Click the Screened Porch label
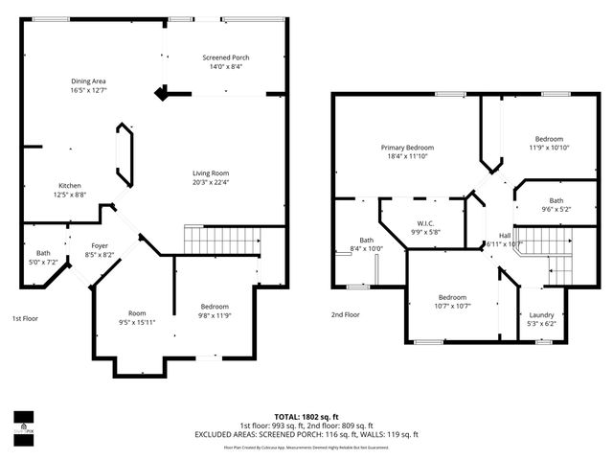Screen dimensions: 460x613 point(225,57)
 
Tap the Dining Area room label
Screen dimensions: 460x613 point(88,80)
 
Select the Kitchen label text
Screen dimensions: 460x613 point(70,185)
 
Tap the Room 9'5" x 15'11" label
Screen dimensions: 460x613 point(137,313)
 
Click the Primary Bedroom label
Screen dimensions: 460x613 point(407,148)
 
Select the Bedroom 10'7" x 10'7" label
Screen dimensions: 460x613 point(452,297)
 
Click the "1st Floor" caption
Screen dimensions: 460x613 point(25,317)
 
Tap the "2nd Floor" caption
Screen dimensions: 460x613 point(346,314)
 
